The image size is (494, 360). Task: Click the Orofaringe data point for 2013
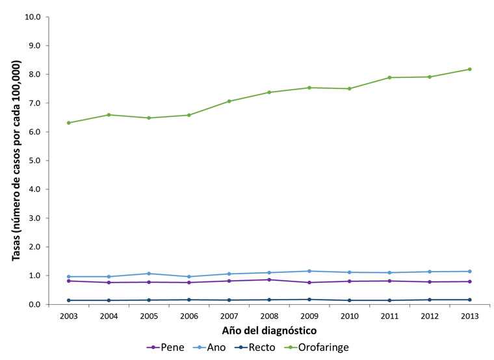click(x=469, y=69)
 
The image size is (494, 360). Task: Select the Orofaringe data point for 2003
click(x=68, y=123)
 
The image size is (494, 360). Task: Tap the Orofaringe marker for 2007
click(x=229, y=101)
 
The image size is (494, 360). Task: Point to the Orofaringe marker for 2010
click(x=349, y=88)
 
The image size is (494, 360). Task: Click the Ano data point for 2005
click(x=148, y=274)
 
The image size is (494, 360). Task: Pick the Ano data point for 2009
click(x=309, y=271)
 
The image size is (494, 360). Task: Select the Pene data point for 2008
click(x=268, y=279)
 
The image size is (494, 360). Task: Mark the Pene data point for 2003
click(x=68, y=281)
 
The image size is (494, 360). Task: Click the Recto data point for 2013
click(x=469, y=300)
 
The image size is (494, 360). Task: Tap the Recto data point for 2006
click(x=188, y=300)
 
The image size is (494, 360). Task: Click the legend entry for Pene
click(x=166, y=348)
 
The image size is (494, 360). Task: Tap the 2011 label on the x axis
click(x=389, y=316)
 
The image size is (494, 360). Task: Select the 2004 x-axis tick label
click(x=108, y=316)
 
